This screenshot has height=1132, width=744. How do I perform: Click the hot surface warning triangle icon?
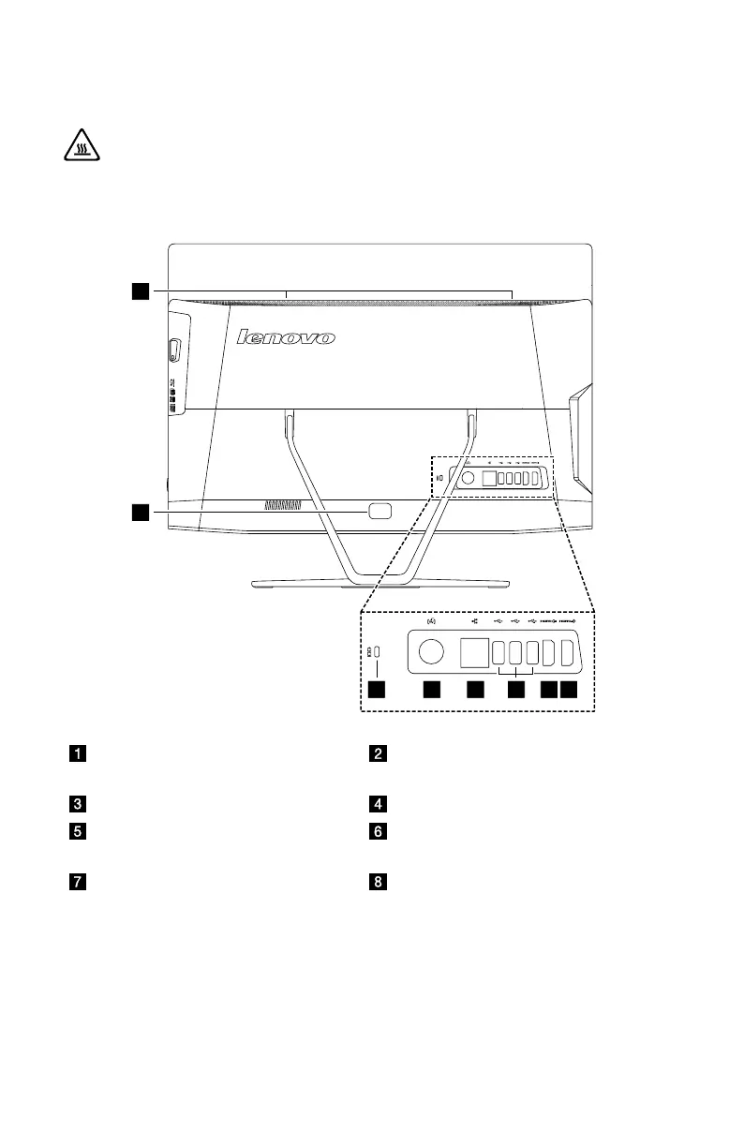click(x=78, y=148)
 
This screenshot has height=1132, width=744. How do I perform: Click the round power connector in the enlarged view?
click(x=432, y=651)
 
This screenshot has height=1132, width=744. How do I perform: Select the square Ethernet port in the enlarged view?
click(x=474, y=651)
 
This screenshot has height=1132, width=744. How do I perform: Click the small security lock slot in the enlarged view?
click(x=376, y=651)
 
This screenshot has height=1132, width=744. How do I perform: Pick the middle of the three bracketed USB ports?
click(x=516, y=651)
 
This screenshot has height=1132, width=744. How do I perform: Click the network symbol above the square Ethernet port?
click(x=473, y=619)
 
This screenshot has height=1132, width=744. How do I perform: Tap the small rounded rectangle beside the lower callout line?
click(x=380, y=511)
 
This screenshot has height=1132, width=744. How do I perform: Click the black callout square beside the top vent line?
click(x=140, y=291)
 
